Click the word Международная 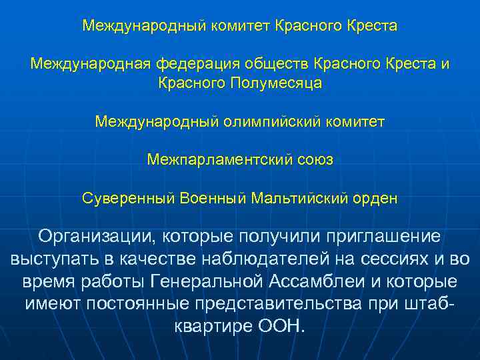click(x=91, y=64)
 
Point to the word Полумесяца click(x=276, y=83)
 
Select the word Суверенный click(x=129, y=199)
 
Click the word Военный click(x=211, y=199)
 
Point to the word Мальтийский click(x=301, y=199)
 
